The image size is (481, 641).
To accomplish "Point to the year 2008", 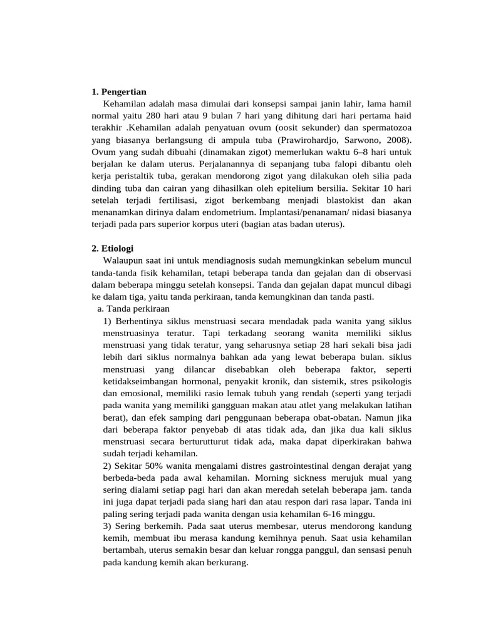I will [397, 140].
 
